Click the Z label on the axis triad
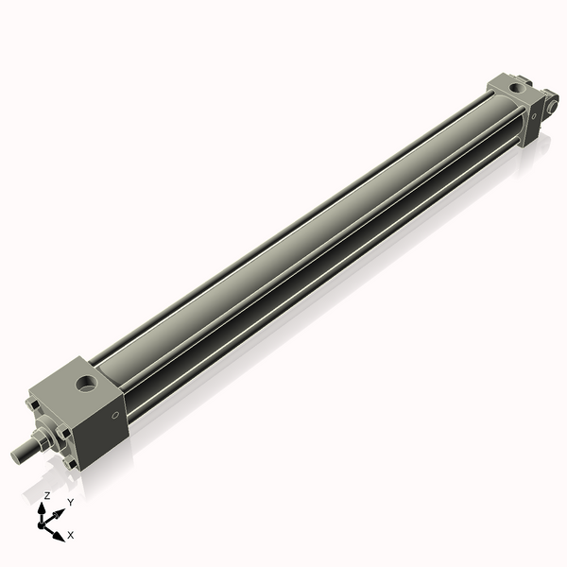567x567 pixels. pyautogui.click(x=47, y=495)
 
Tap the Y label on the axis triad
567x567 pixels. pyautogui.click(x=70, y=503)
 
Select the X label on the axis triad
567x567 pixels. pyautogui.click(x=71, y=535)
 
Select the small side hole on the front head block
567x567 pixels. pyautogui.click(x=116, y=414)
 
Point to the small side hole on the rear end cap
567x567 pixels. pyautogui.click(x=535, y=118)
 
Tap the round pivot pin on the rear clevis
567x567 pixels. pyautogui.click(x=552, y=105)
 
